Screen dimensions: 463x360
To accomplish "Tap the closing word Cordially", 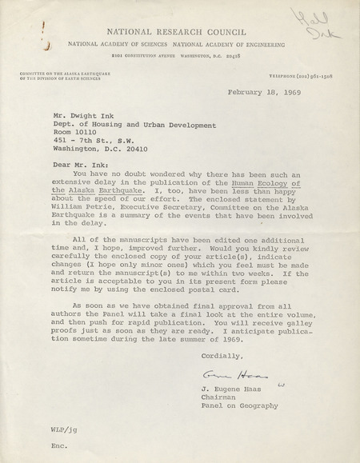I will (219, 355).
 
